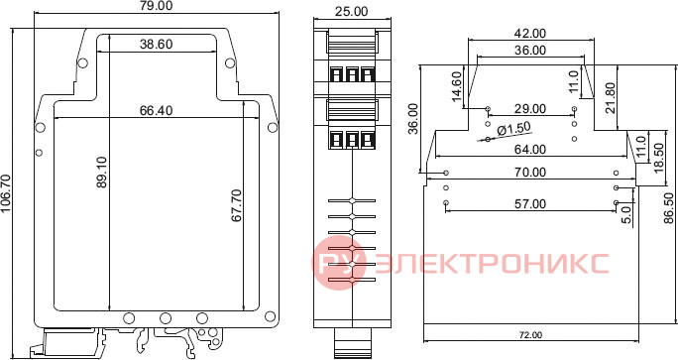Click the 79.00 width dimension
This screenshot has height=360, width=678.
coord(157,6)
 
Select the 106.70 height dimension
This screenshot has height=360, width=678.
coord(6,193)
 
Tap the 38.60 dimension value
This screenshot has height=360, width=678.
coord(156,45)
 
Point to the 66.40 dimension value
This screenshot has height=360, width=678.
coord(156,111)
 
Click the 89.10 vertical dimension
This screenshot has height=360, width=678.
coord(102,173)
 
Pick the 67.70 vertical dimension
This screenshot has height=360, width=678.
coord(237,205)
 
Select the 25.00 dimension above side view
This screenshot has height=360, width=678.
coord(352,11)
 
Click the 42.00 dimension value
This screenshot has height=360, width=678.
coord(530,34)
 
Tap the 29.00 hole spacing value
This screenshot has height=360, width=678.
coord(530,109)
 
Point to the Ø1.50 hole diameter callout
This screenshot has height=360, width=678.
coord(513,129)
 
